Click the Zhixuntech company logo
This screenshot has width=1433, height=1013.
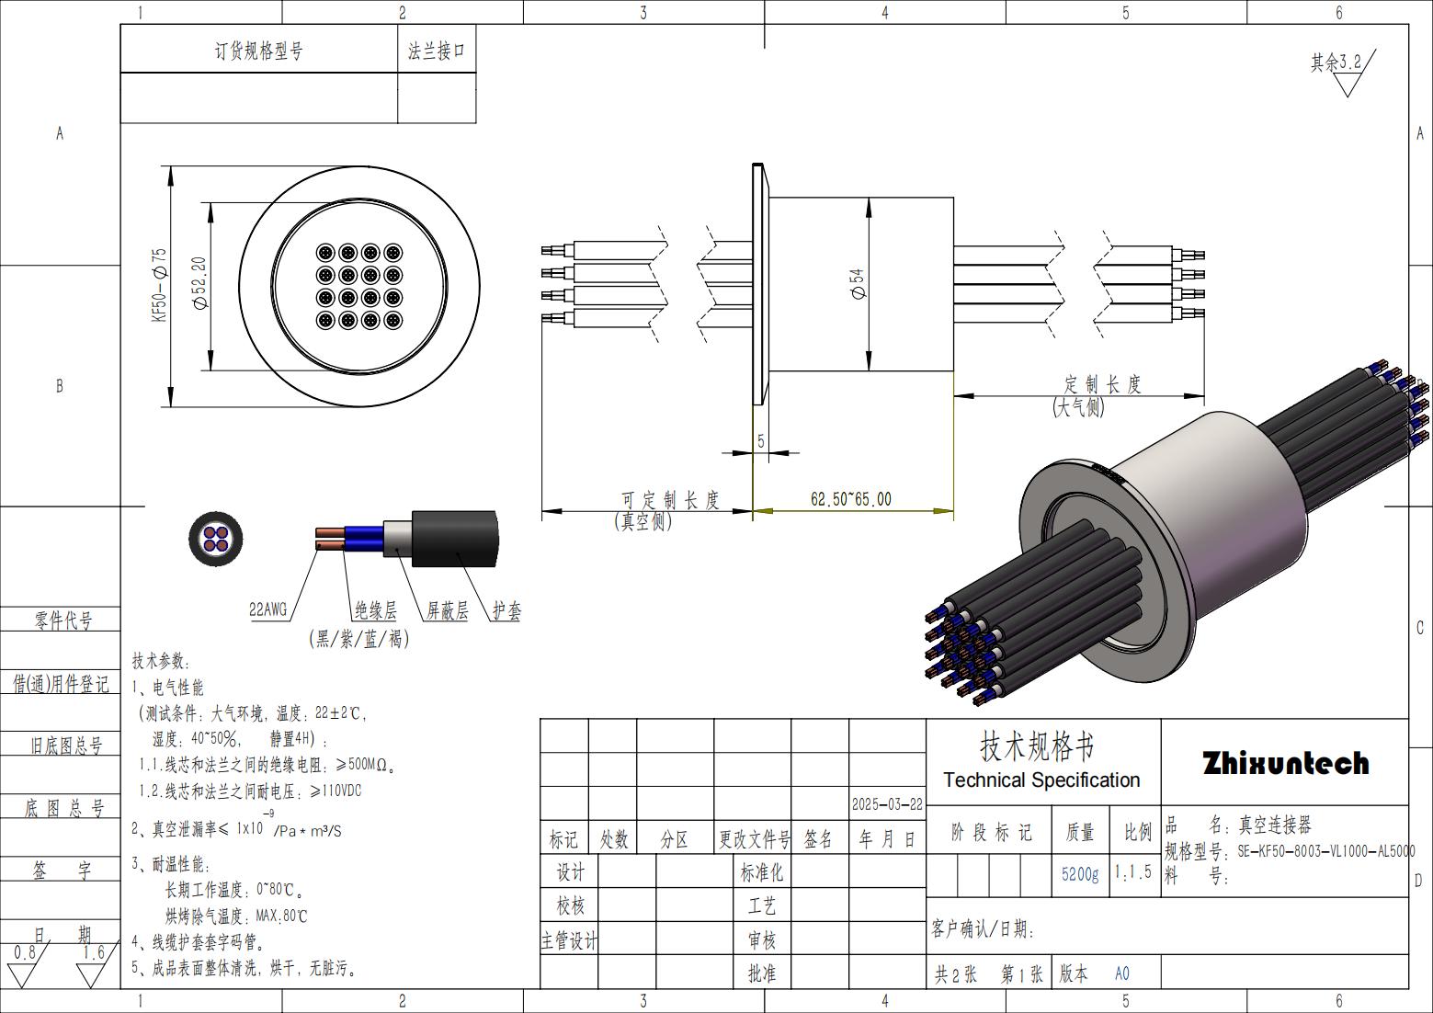[1285, 763]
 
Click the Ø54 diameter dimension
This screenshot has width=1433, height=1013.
[858, 284]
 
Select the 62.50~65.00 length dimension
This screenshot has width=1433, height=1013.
[850, 499]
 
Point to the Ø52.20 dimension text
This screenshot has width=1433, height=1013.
[199, 282]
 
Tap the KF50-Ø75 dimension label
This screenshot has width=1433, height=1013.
[160, 284]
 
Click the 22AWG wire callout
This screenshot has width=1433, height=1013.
[268, 609]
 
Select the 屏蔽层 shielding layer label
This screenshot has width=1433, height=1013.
[447, 610]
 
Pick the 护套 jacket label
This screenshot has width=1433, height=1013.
[506, 610]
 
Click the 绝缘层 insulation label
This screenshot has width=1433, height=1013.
[376, 610]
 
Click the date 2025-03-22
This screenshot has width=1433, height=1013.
[887, 803]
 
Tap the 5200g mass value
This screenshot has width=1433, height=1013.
[1079, 873]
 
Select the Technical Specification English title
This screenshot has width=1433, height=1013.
[1041, 780]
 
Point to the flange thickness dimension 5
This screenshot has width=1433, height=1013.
[761, 441]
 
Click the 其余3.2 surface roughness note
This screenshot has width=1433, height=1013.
[1336, 63]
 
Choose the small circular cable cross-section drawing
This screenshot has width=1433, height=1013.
[215, 538]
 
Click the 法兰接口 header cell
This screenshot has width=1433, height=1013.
[437, 51]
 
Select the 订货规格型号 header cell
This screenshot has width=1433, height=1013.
[258, 51]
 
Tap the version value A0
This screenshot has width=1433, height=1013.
[1122, 973]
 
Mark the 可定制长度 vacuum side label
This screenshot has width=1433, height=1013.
[670, 500]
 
